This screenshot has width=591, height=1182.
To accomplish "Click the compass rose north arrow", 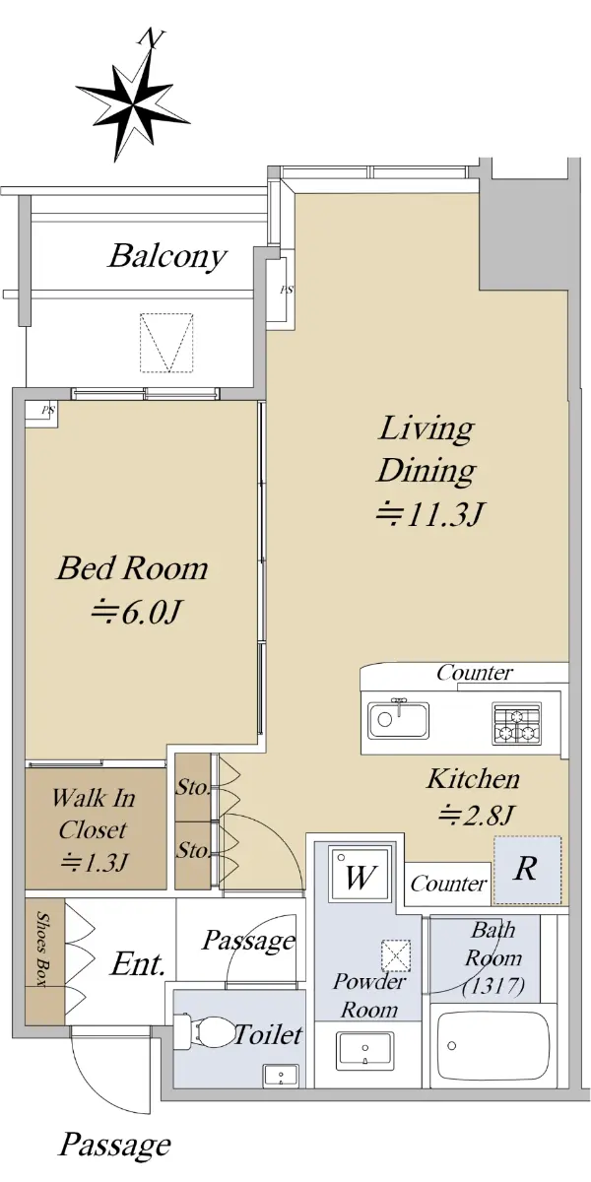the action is [x=132, y=99].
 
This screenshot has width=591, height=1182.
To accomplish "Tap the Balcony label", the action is [x=167, y=257].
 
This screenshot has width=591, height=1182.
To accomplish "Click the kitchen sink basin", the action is [x=398, y=720].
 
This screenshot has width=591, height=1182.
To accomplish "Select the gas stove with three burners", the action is [x=516, y=723].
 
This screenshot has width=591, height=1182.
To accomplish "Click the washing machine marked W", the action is [x=359, y=876].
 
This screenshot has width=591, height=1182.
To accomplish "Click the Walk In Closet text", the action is [x=94, y=815].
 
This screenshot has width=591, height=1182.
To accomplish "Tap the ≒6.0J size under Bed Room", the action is [x=136, y=613].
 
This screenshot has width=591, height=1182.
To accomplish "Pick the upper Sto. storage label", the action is [x=193, y=788].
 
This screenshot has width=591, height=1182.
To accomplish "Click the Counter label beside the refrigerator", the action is [x=448, y=884].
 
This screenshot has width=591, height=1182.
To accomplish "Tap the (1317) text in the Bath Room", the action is [x=493, y=986].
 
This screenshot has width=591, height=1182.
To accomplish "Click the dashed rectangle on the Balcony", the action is [x=166, y=343].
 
